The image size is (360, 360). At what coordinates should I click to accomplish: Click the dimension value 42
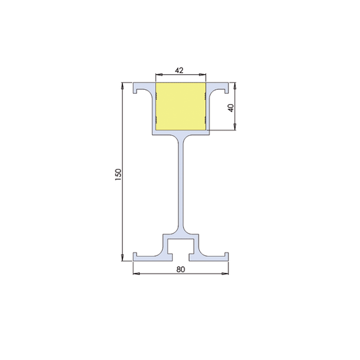180,70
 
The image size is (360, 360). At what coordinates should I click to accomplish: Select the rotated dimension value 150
118,174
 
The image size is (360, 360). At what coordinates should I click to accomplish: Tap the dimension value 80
180,269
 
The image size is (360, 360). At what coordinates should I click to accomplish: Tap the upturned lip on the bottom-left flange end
134,255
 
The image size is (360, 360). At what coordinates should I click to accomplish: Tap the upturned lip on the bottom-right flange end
227,255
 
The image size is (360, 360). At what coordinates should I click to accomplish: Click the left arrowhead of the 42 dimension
158,75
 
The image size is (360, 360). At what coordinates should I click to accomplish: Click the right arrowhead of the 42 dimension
204,75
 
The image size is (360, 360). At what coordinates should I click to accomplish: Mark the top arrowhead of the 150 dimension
123,85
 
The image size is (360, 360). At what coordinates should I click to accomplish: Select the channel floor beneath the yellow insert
180,132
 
